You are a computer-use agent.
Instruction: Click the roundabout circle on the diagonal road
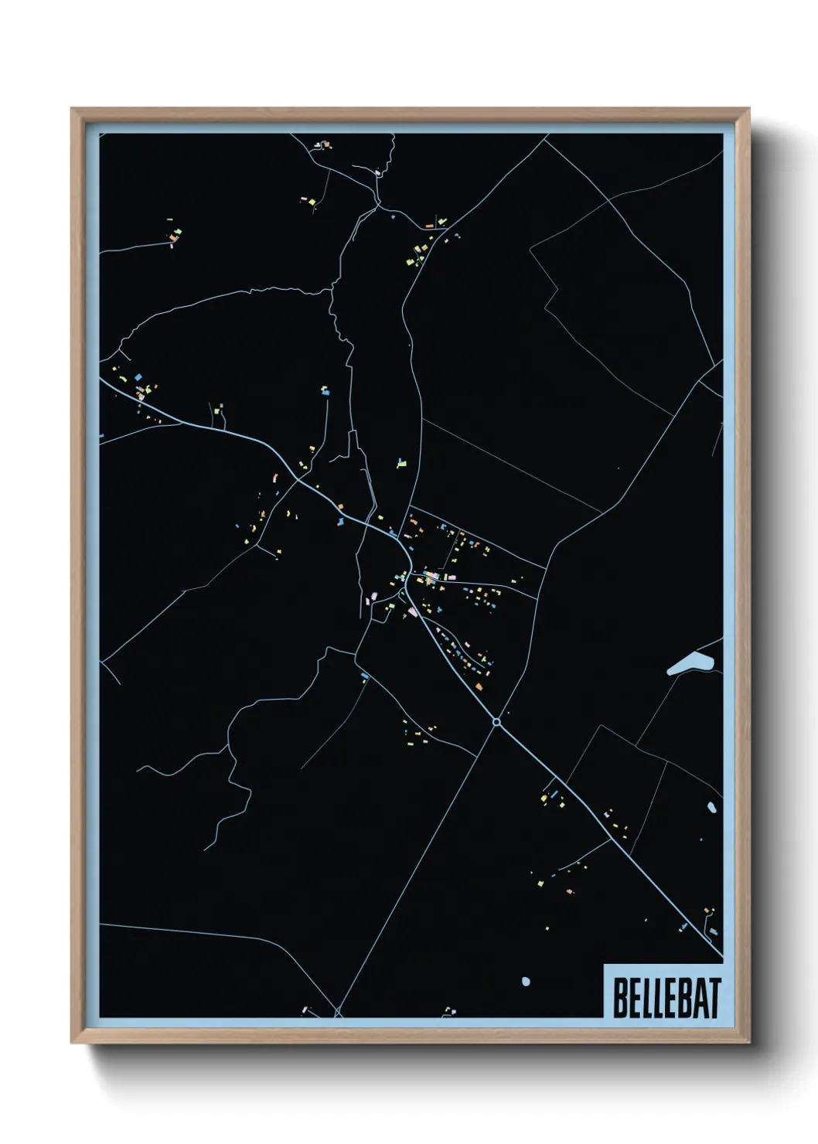point(496,722)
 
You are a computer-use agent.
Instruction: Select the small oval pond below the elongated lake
point(711,808)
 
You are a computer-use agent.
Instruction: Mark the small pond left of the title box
point(526,982)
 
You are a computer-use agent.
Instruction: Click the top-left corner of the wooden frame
point(73,110)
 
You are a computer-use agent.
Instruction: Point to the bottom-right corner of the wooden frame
point(748,1042)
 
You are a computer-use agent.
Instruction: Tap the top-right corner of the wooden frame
point(748,110)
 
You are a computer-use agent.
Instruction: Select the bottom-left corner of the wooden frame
point(73,1042)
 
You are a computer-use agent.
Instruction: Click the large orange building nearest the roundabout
point(479,686)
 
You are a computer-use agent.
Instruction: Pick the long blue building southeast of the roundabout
point(554,794)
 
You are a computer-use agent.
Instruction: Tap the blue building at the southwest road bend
point(365,677)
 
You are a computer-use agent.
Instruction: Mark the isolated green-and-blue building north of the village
point(400,464)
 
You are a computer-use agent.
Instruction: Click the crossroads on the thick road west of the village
point(298,481)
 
